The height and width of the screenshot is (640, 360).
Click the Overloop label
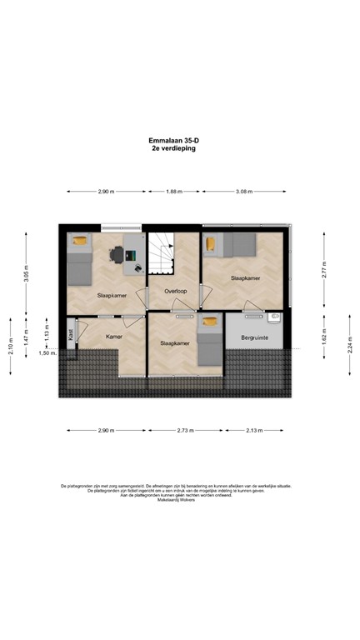[x=176, y=292]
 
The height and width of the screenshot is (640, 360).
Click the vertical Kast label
[x=71, y=333]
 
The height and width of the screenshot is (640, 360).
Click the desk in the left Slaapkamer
[x=133, y=254]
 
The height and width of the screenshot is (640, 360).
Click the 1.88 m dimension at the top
[x=173, y=192]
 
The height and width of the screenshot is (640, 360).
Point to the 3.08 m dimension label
[x=243, y=192]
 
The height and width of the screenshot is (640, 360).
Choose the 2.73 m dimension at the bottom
[x=185, y=430]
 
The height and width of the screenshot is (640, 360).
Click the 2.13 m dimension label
[x=254, y=430]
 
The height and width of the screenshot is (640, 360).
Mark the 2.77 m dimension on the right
[x=325, y=269]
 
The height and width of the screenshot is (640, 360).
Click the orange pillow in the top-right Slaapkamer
[x=211, y=243]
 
